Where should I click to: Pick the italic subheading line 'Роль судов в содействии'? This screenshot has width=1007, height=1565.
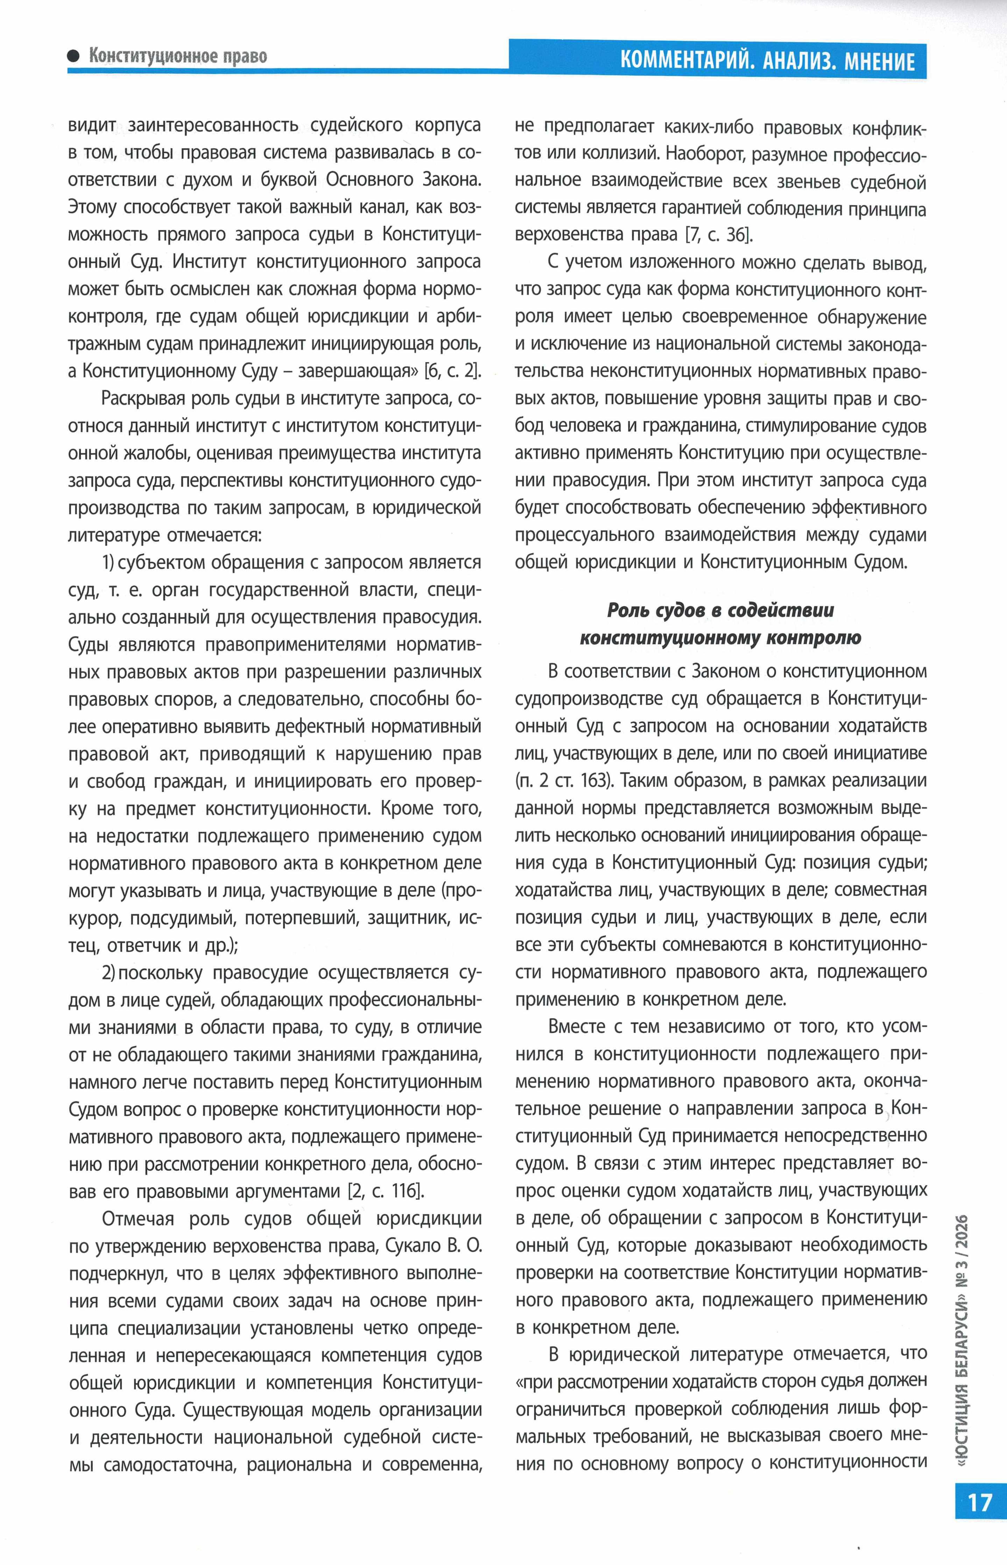point(720,610)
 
